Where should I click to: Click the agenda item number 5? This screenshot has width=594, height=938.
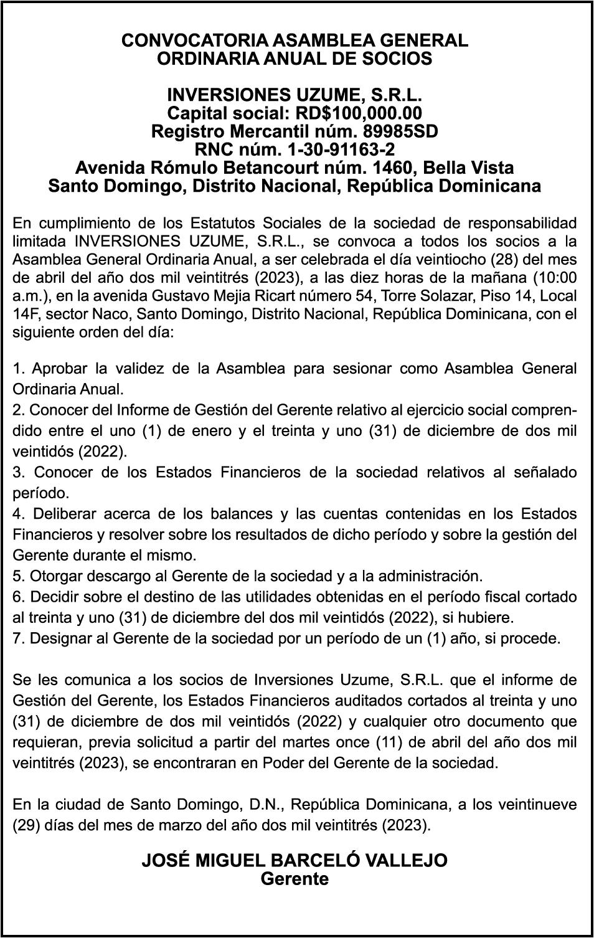click(17, 576)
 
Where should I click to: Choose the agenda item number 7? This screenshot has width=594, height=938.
click(17, 638)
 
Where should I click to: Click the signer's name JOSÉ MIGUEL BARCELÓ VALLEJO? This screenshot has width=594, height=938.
click(295, 861)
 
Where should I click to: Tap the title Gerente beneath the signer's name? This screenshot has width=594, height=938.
click(295, 879)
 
